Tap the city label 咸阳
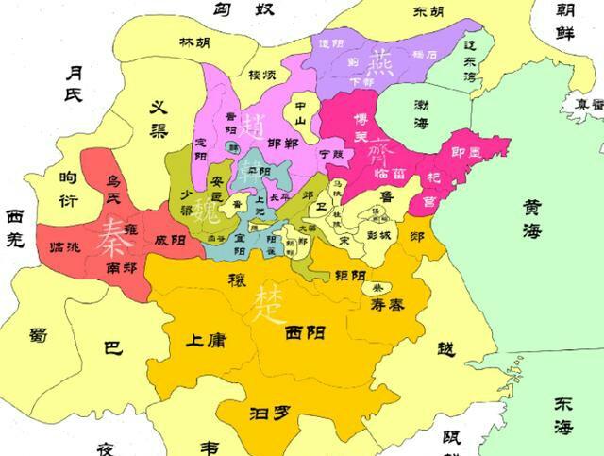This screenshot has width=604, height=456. point(171,240)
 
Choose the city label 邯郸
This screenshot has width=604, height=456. point(283,144)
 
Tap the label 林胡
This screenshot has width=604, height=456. point(195,42)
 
